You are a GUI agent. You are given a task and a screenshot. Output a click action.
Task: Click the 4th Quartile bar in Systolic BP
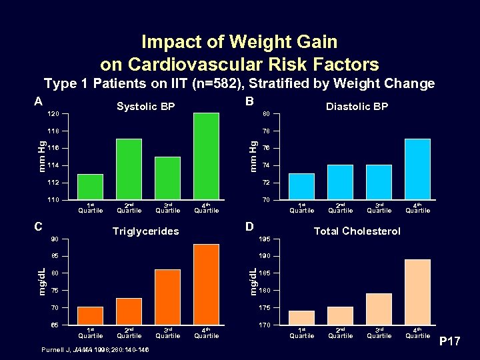pyautogui.click(x=206, y=157)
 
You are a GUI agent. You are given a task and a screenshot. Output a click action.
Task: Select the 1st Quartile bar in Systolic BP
pyautogui.click(x=90, y=187)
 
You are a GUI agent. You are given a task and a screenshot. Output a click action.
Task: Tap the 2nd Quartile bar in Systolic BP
pyautogui.click(x=129, y=169)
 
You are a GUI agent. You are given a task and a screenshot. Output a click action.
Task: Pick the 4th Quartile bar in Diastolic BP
pyautogui.click(x=417, y=169)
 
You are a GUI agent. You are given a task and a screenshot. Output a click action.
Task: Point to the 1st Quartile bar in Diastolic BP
pyautogui.click(x=301, y=187)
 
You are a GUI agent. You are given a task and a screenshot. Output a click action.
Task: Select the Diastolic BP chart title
pyautogui.click(x=357, y=107)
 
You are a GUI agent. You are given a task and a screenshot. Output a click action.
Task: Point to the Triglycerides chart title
pyautogui.click(x=145, y=231)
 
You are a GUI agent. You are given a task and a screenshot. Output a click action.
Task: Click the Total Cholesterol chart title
pyautogui.click(x=357, y=231)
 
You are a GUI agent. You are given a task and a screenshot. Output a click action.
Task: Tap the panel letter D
pyautogui.click(x=249, y=227)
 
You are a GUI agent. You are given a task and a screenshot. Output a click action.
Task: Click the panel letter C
pyautogui.click(x=38, y=227)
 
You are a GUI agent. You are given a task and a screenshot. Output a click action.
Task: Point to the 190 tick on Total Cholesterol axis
pyautogui.click(x=264, y=256)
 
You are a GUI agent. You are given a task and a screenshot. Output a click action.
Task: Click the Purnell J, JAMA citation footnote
pyautogui.click(x=95, y=350)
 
